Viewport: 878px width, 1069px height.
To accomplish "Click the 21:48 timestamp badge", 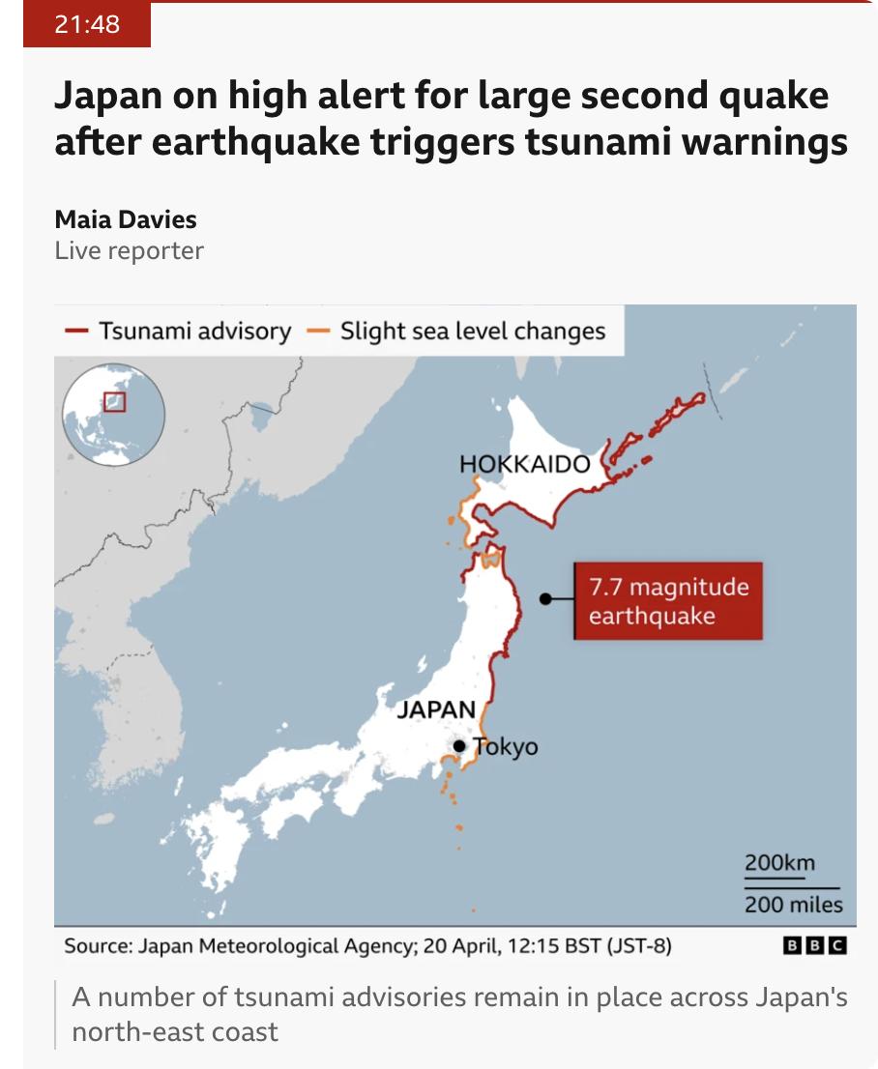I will pos(87,24).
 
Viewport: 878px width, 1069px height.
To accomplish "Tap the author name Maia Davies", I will pos(125,218).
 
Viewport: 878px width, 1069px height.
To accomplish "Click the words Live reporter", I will pos(129,250).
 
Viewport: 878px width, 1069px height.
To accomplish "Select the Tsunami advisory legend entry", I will pos(178,332).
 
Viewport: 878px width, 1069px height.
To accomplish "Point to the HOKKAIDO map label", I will pos(524,464).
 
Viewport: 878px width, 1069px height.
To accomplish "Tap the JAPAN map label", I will pos(436,708).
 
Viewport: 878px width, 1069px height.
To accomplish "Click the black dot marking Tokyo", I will pos(460,746).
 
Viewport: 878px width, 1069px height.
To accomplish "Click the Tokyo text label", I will pos(506,747).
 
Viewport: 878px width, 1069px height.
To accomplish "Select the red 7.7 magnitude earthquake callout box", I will pos(668,600).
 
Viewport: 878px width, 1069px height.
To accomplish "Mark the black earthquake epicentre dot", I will pos(545,599).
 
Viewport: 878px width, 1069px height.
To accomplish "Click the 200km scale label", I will pos(779,863).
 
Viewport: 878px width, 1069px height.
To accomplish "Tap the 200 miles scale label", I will pos(793,906).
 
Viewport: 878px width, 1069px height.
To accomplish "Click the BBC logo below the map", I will pos(813,945).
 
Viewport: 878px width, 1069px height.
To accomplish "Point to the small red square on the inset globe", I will pos(115,400).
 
